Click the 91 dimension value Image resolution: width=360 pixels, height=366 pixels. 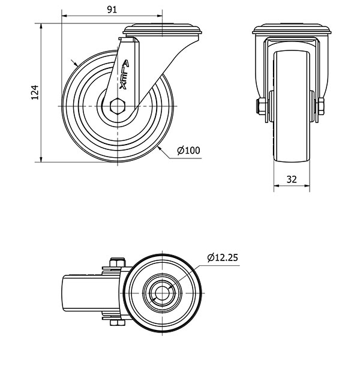coord(112,10)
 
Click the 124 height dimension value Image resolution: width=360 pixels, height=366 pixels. coord(35,92)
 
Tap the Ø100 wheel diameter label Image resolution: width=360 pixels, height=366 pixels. coord(188,150)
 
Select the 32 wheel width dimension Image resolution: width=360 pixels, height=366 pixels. coord(292,179)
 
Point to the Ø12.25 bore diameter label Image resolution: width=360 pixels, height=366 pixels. coord(223,257)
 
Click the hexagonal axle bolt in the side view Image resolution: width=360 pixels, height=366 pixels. coord(118,106)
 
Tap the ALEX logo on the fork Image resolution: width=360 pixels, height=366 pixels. coord(124,74)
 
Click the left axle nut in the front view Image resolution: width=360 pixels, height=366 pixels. coord(262,106)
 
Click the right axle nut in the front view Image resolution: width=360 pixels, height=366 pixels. coord(321,106)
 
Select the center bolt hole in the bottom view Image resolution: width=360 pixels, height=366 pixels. coord(162,293)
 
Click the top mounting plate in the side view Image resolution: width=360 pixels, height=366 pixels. coord(163,29)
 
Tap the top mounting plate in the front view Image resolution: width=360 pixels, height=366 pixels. coord(292,29)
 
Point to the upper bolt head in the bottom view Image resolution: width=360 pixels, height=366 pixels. coord(118,262)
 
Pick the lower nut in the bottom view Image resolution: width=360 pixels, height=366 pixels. coord(118,323)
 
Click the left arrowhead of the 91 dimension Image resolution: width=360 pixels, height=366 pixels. coord(64,16)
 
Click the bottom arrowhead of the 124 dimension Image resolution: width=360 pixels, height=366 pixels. coord(41,159)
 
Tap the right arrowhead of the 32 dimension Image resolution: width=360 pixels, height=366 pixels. coord(307,186)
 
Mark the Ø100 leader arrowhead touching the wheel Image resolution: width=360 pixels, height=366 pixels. coord(160,148)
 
